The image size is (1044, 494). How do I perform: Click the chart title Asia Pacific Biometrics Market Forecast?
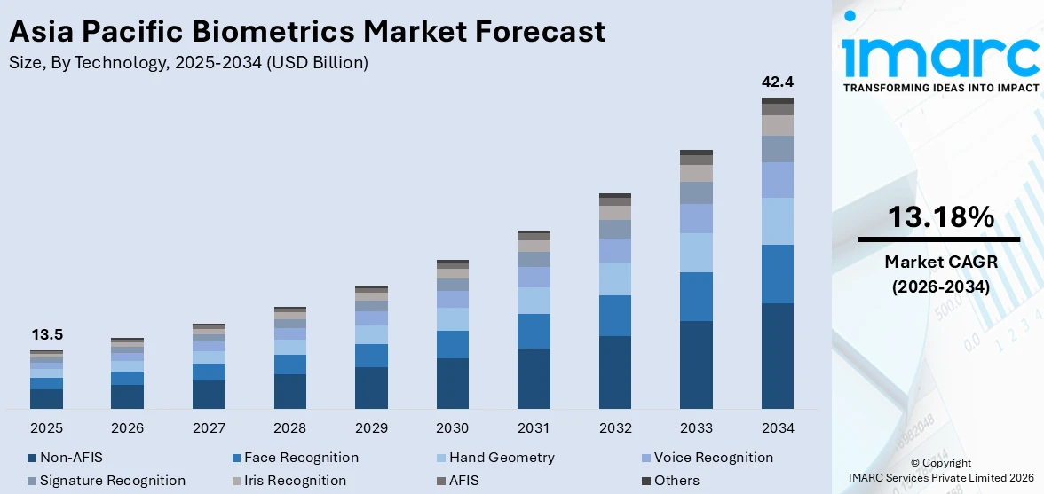click(307, 32)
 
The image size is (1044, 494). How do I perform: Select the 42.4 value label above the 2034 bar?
click(778, 82)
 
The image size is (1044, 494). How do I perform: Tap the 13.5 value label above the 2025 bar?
click(47, 334)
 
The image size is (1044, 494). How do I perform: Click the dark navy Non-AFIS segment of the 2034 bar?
click(778, 356)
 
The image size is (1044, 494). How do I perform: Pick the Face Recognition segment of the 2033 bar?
click(696, 296)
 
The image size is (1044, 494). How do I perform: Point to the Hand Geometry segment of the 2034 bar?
click(778, 221)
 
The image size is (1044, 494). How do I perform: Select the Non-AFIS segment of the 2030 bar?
click(453, 383)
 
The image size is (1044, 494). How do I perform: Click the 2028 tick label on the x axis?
click(290, 428)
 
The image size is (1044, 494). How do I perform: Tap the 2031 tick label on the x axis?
click(534, 428)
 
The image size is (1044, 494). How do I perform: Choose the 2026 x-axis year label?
click(128, 428)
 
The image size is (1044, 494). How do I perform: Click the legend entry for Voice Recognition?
click(713, 458)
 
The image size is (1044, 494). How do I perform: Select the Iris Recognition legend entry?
click(295, 481)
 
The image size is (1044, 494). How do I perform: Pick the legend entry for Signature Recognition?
click(112, 481)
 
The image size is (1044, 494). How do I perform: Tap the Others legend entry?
click(676, 481)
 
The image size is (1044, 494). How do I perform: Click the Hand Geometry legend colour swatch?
click(441, 459)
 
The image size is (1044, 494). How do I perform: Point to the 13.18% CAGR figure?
click(939, 217)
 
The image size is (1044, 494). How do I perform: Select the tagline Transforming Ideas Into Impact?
click(939, 88)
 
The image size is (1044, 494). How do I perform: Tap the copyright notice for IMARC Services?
click(939, 470)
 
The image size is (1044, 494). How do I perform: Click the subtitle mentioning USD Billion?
click(188, 62)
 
